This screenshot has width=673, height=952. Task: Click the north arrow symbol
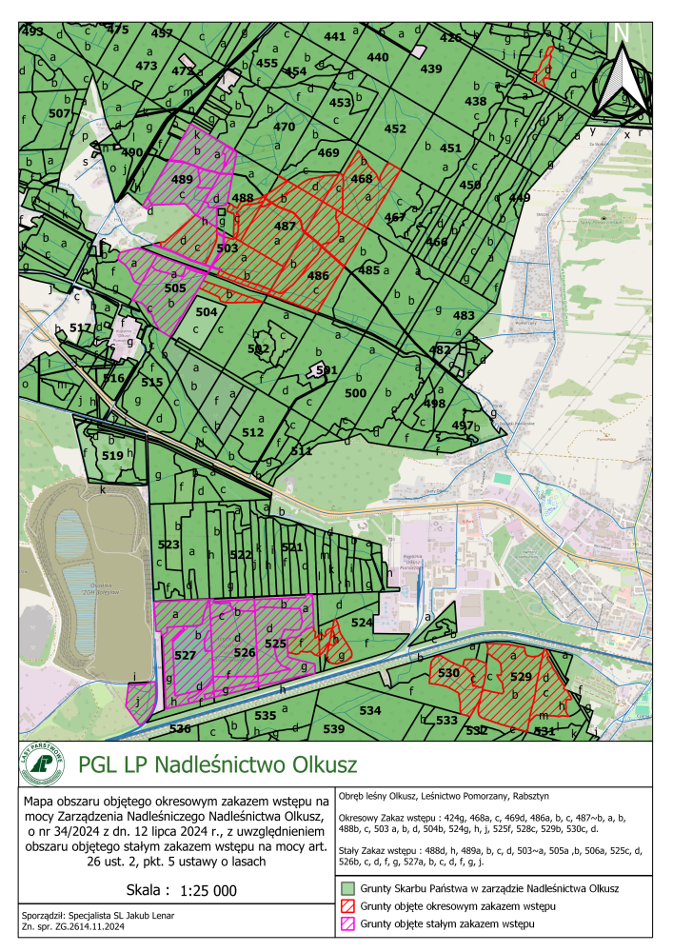(x=622, y=71)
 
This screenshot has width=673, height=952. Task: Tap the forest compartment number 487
(x=285, y=227)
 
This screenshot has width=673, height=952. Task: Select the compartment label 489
(x=182, y=178)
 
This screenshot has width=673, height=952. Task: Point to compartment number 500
(x=355, y=392)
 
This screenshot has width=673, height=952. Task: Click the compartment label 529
(x=520, y=677)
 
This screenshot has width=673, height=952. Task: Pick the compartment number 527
(x=185, y=656)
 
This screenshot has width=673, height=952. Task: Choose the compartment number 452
(x=394, y=129)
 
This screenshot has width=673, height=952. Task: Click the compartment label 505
(x=175, y=287)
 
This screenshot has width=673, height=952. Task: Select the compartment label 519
(x=112, y=456)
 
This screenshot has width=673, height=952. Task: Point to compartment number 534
(x=370, y=710)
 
